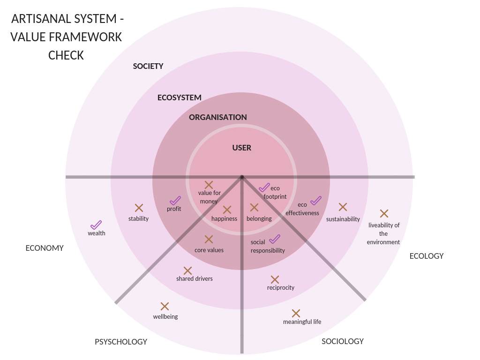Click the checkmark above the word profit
[x=175, y=201]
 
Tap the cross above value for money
[x=209, y=185]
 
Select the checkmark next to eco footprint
[x=264, y=187]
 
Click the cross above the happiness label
[x=227, y=210]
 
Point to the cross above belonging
[x=254, y=207]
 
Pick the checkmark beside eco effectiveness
[x=316, y=201]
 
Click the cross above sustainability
[x=343, y=207]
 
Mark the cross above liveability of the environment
[x=384, y=214]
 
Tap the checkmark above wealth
[x=96, y=225]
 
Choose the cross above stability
[x=139, y=208]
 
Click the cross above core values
[x=209, y=240]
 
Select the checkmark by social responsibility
[x=275, y=239]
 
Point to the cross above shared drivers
[x=187, y=270]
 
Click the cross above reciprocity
[x=275, y=280]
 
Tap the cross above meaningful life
[x=296, y=313]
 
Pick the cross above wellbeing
[x=165, y=307]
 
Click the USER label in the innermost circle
[x=242, y=148]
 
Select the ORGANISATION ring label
[x=218, y=117]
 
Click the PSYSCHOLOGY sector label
[x=121, y=342]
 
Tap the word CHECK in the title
[x=66, y=55]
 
